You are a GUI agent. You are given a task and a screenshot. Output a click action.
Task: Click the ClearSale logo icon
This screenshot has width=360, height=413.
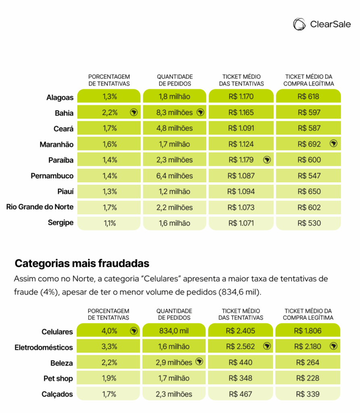pos(300,24)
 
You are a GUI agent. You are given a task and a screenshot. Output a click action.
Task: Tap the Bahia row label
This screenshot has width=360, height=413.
pos(64,113)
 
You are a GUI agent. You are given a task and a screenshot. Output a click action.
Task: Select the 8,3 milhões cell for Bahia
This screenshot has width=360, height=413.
pos(175,113)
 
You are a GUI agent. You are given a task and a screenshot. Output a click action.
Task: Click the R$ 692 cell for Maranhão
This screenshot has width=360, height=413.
pos(308,144)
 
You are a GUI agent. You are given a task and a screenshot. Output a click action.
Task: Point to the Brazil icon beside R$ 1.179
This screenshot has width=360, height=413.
pos(267,160)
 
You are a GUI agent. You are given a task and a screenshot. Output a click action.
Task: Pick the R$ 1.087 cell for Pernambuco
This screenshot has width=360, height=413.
pos(241,176)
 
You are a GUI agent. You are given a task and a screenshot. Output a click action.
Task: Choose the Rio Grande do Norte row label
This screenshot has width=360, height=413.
pos(40,207)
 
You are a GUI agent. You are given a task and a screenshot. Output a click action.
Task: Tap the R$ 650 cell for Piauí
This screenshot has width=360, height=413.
pos(308,192)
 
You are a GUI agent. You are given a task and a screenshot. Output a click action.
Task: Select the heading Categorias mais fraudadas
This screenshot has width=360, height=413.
pos(82,263)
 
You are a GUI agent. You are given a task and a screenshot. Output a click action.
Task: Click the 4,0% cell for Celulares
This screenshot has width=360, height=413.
pos(108,331)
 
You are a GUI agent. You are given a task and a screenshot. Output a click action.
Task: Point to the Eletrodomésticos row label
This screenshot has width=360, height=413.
pos(44,347)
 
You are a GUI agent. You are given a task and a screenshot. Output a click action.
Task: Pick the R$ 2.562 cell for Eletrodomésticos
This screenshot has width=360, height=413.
pos(240,346)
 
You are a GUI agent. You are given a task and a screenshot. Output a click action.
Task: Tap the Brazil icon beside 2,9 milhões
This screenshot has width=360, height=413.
pos(200,362)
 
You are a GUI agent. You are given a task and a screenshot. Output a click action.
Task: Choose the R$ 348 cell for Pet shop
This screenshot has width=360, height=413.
pos(240,378)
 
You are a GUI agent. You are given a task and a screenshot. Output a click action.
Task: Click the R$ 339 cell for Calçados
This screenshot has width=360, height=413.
pos(308,394)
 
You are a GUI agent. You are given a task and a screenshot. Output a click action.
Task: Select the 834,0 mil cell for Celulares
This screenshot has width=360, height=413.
pos(174,331)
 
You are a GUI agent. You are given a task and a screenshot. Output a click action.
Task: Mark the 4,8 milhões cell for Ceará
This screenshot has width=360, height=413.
pos(175,128)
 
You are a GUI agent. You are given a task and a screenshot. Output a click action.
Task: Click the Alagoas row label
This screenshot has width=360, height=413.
pos(60,98)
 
